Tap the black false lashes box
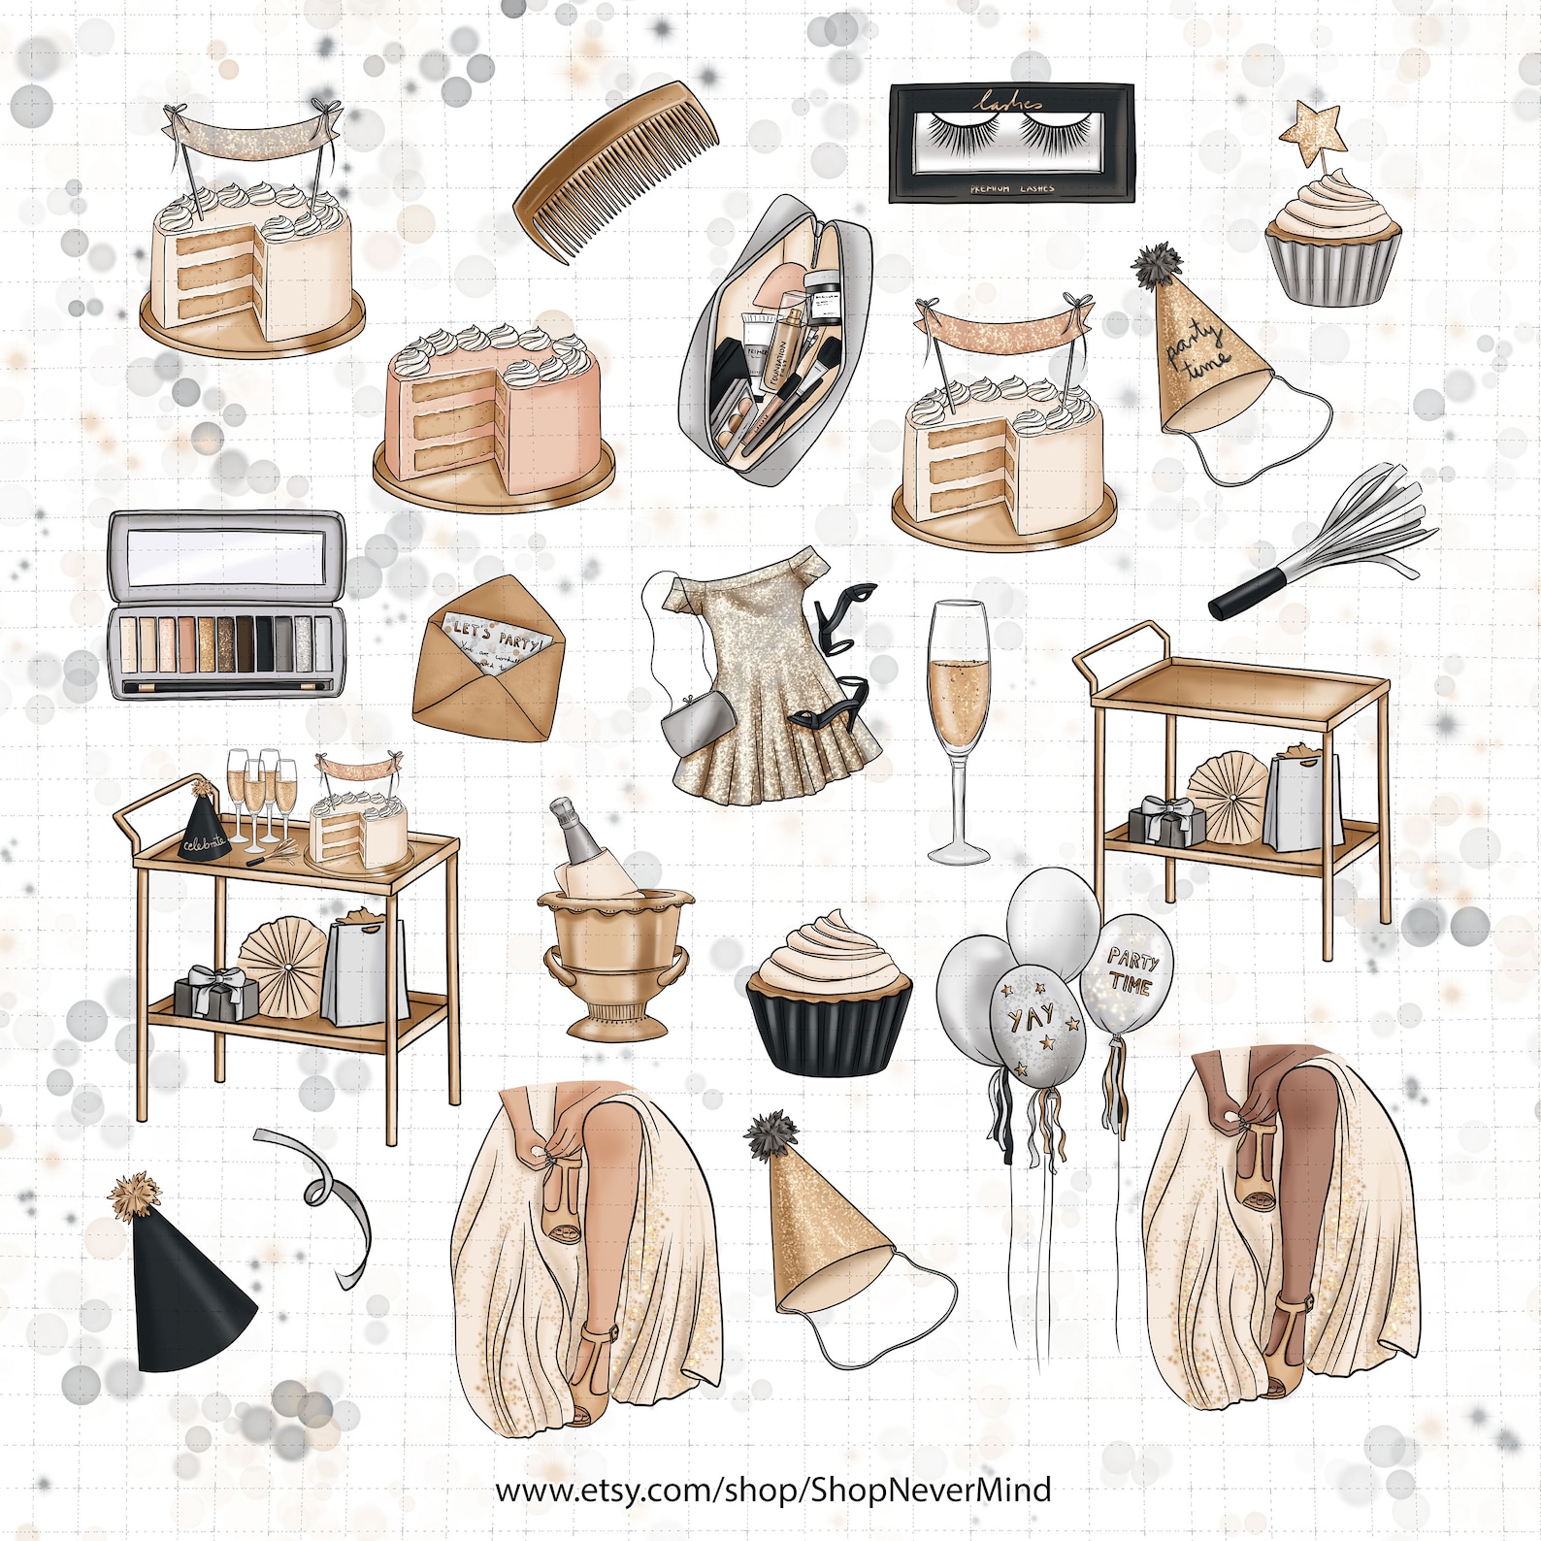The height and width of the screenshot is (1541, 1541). point(1011,143)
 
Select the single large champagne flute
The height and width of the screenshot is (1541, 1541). point(958,728)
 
